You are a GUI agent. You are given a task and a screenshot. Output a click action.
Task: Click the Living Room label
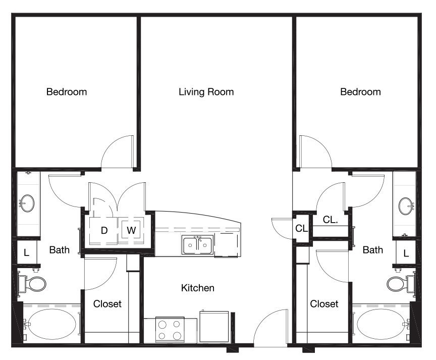click(206, 92)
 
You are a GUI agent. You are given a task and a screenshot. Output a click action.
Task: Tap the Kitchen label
click(197, 288)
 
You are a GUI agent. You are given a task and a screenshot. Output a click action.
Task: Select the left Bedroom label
click(67, 92)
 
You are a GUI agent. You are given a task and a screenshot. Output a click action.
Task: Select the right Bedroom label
click(360, 92)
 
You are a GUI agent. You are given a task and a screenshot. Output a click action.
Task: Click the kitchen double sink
click(198, 245)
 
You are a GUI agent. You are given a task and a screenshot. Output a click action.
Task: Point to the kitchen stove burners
click(170, 330)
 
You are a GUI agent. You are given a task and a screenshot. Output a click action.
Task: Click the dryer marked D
click(103, 231)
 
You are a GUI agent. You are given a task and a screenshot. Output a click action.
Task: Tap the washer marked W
click(131, 230)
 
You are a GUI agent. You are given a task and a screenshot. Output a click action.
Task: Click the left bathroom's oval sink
click(27, 203)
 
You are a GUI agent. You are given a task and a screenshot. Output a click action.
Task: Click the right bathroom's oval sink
click(406, 206)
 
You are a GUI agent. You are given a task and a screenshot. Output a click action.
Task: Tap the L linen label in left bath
click(26, 253)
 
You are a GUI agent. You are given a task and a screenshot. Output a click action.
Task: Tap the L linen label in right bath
click(406, 253)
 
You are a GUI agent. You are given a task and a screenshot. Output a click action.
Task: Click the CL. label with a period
click(331, 220)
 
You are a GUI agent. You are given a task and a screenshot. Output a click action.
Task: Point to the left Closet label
click(107, 304)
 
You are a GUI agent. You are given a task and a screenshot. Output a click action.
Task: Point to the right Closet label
click(324, 304)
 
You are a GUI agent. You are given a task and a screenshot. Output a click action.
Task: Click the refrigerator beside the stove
click(214, 327)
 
